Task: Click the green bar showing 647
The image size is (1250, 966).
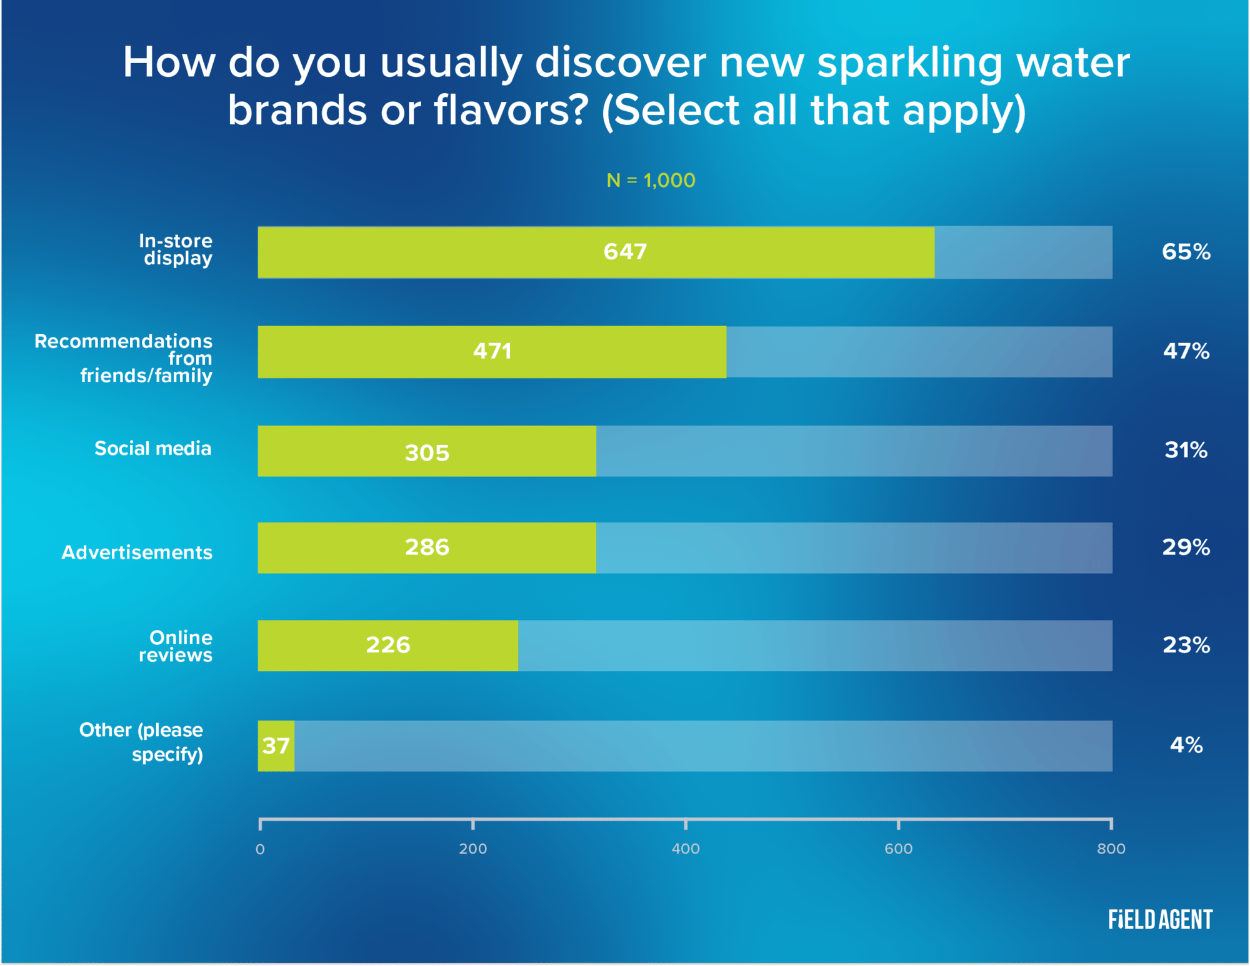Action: [x=596, y=252]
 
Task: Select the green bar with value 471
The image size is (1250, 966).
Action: [x=492, y=352]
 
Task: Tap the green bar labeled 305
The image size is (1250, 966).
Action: [x=427, y=451]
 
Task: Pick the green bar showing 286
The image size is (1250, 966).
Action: [x=427, y=548]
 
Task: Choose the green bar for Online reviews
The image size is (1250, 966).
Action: [x=387, y=645]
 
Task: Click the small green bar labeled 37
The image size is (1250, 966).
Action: [x=276, y=745]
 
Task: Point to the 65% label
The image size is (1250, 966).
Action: [x=1186, y=252]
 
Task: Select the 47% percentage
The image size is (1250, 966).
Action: [x=1186, y=351]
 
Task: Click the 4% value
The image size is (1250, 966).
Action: [x=1186, y=745]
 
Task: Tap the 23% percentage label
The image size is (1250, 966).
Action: [x=1186, y=645]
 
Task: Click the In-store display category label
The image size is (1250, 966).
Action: [x=177, y=249]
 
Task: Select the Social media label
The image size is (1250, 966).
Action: [x=153, y=449]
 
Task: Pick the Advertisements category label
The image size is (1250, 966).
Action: [x=137, y=552]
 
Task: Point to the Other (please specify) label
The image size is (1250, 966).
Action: [x=142, y=742]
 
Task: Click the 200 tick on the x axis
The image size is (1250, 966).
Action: [x=472, y=849]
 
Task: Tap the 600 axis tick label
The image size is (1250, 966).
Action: [x=898, y=849]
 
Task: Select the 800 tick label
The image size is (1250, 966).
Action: [x=1111, y=849]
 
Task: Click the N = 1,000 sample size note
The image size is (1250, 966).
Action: [x=651, y=181]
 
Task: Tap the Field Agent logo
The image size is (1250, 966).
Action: [x=1160, y=919]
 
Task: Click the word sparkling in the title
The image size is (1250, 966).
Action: [x=909, y=64]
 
